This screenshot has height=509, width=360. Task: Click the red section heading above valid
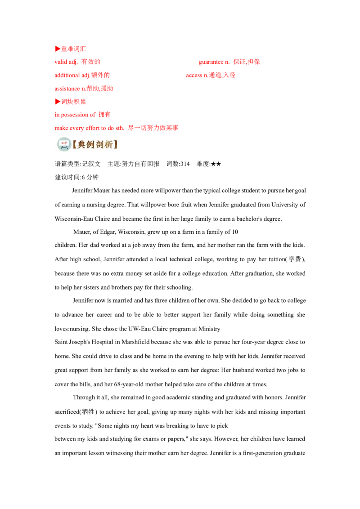70,48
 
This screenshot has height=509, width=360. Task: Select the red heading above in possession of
70,102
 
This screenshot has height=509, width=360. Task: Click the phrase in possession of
75,115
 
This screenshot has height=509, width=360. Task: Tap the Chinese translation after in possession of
104,115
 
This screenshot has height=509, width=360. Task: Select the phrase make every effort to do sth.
89,128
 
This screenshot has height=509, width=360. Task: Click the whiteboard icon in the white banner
64,144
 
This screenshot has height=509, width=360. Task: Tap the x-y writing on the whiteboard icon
64,143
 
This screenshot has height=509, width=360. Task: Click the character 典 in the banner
81,144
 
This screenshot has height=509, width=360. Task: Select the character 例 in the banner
92,144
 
